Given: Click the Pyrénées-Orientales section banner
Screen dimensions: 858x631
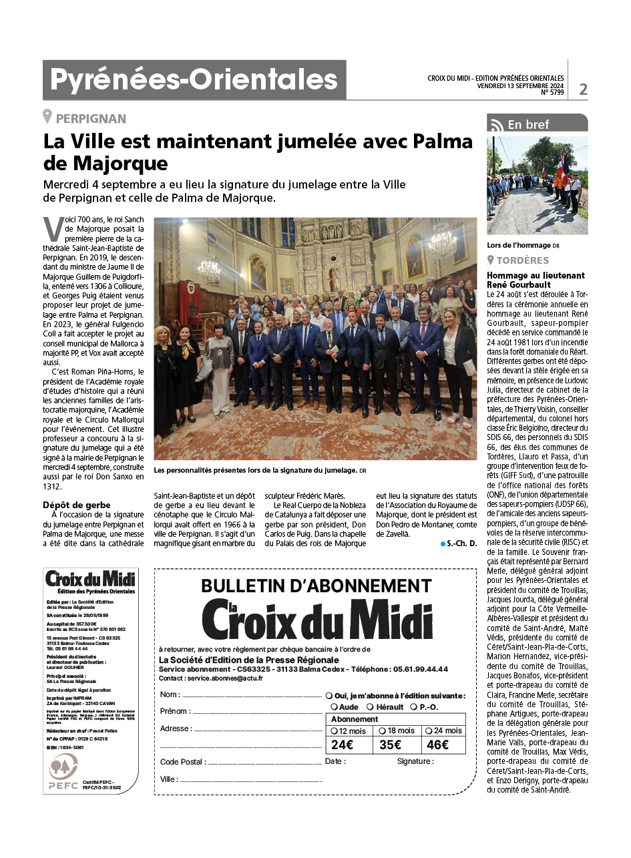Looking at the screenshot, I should (x=194, y=80).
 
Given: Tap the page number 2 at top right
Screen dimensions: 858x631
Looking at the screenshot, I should (x=583, y=89).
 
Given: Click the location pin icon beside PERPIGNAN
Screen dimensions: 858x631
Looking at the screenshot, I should (x=47, y=118).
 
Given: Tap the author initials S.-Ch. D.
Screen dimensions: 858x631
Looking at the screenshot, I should (x=461, y=544).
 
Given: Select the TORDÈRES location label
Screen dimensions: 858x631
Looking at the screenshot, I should (x=523, y=260).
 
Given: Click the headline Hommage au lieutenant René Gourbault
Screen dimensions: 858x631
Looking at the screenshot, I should (x=536, y=279).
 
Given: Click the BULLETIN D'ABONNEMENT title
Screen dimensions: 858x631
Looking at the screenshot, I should (x=317, y=586).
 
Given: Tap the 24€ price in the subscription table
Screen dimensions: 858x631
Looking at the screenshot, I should (x=342, y=744).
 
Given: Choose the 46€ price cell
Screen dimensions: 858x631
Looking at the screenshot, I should (x=438, y=744).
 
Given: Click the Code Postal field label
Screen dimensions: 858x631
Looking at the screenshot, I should (x=182, y=762).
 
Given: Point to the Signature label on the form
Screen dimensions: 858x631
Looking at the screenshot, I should (x=415, y=761).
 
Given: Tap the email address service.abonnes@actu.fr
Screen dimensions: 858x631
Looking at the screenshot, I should (x=225, y=678).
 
